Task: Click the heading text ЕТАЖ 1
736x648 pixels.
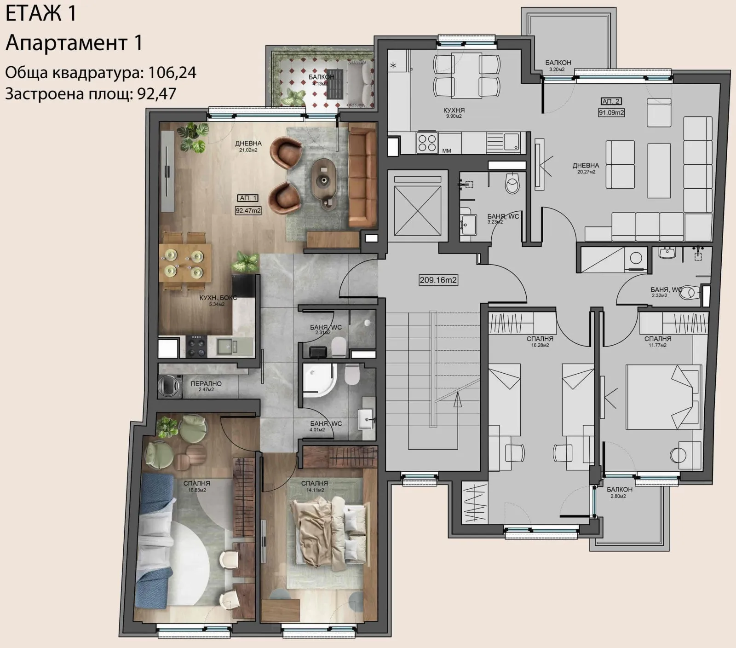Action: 41,13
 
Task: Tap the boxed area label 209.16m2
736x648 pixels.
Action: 438,279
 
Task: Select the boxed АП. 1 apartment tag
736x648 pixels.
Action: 248,198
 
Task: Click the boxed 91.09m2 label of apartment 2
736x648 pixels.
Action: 611,112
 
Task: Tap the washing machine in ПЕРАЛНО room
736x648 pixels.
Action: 169,386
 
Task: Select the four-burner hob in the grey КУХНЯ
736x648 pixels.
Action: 426,142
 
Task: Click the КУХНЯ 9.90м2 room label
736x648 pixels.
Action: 454,113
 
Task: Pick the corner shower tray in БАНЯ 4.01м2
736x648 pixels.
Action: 319,380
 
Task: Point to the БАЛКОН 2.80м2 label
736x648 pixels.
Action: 619,492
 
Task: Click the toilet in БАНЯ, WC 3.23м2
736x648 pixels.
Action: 512,183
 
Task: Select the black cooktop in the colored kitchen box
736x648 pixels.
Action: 198,347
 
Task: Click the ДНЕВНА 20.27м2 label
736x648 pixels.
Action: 586,168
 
